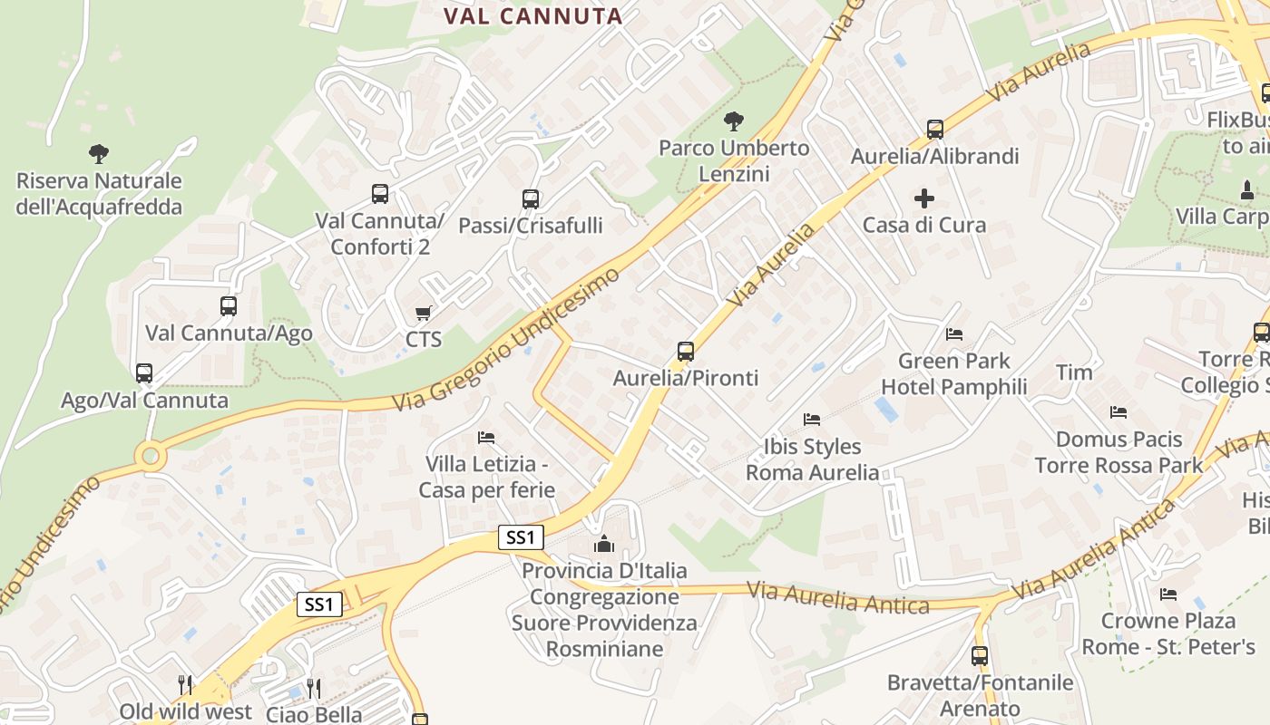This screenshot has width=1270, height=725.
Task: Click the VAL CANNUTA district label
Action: [532, 15]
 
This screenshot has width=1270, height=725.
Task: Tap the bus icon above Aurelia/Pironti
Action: [686, 351]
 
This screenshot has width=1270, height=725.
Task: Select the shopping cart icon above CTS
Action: [423, 314]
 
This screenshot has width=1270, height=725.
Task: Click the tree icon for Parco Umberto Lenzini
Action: [733, 121]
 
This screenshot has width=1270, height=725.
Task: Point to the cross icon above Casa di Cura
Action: [924, 198]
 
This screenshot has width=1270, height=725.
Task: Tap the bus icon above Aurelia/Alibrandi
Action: [935, 130]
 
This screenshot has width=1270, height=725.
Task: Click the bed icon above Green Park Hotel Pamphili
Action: [953, 334]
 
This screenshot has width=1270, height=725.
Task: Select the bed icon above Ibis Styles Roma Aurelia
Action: [812, 420]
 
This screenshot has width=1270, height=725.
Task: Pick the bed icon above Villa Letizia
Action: [486, 438]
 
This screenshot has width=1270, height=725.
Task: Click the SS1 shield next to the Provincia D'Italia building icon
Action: [521, 537]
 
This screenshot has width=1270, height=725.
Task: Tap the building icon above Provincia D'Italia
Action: [604, 544]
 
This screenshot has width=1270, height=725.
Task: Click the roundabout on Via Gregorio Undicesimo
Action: [150, 455]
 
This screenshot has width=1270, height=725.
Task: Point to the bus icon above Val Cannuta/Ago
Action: [229, 306]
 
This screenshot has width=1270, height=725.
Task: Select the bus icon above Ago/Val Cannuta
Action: [144, 372]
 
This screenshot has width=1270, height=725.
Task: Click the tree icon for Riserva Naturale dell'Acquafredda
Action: [99, 154]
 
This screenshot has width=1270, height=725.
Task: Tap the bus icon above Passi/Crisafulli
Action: [531, 198]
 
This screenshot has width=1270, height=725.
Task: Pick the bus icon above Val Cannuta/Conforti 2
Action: [380, 193]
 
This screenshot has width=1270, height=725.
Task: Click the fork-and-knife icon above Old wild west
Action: [185, 684]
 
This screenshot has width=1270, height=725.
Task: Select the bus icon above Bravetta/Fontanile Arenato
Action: [980, 655]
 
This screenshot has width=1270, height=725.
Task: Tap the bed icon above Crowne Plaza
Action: [1168, 594]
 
